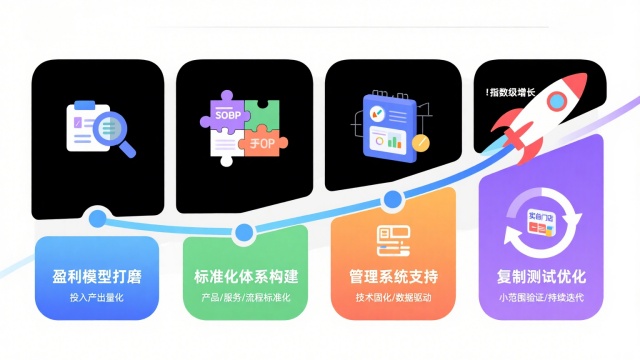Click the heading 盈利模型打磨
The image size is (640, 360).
(x=97, y=277)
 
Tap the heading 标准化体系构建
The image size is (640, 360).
(x=245, y=277)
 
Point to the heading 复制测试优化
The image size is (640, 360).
(x=542, y=277)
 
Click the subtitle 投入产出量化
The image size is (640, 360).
(x=97, y=298)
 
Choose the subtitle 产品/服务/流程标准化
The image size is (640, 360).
(x=245, y=298)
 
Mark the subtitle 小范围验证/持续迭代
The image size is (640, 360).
(x=542, y=298)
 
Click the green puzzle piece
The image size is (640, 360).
(x=266, y=114)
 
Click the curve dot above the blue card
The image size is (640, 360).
(x=97, y=217)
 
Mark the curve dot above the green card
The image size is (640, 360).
(x=243, y=234)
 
